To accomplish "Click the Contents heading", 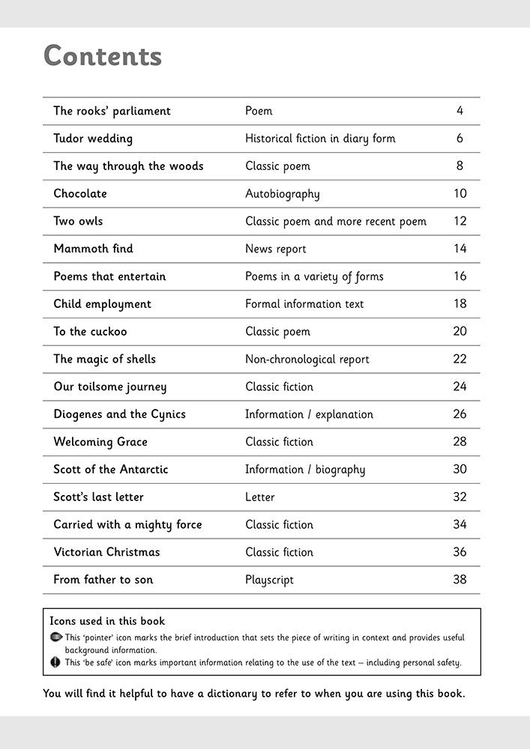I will click(x=103, y=56).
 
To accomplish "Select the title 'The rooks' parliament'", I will click(x=112, y=111).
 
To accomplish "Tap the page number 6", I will click(x=460, y=139).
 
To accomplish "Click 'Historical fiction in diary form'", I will click(x=320, y=139).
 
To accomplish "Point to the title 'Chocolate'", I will click(x=80, y=193).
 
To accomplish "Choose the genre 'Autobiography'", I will click(x=282, y=194).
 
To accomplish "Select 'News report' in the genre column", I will click(x=275, y=249).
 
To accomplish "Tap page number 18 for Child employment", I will click(x=460, y=304).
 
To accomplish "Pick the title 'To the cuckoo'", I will click(x=90, y=331).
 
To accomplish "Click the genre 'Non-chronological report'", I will click(x=307, y=360).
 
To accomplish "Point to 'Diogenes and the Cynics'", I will click(x=119, y=414).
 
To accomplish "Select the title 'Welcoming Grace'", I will click(x=100, y=442).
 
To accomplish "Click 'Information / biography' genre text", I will click(x=305, y=470).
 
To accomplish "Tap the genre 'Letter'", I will click(x=259, y=497).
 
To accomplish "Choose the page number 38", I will click(x=460, y=580).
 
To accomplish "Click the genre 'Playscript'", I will click(x=269, y=580).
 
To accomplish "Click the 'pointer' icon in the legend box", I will click(x=55, y=637).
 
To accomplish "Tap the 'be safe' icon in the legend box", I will click(x=55, y=662).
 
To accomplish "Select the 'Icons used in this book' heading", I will click(x=107, y=621).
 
